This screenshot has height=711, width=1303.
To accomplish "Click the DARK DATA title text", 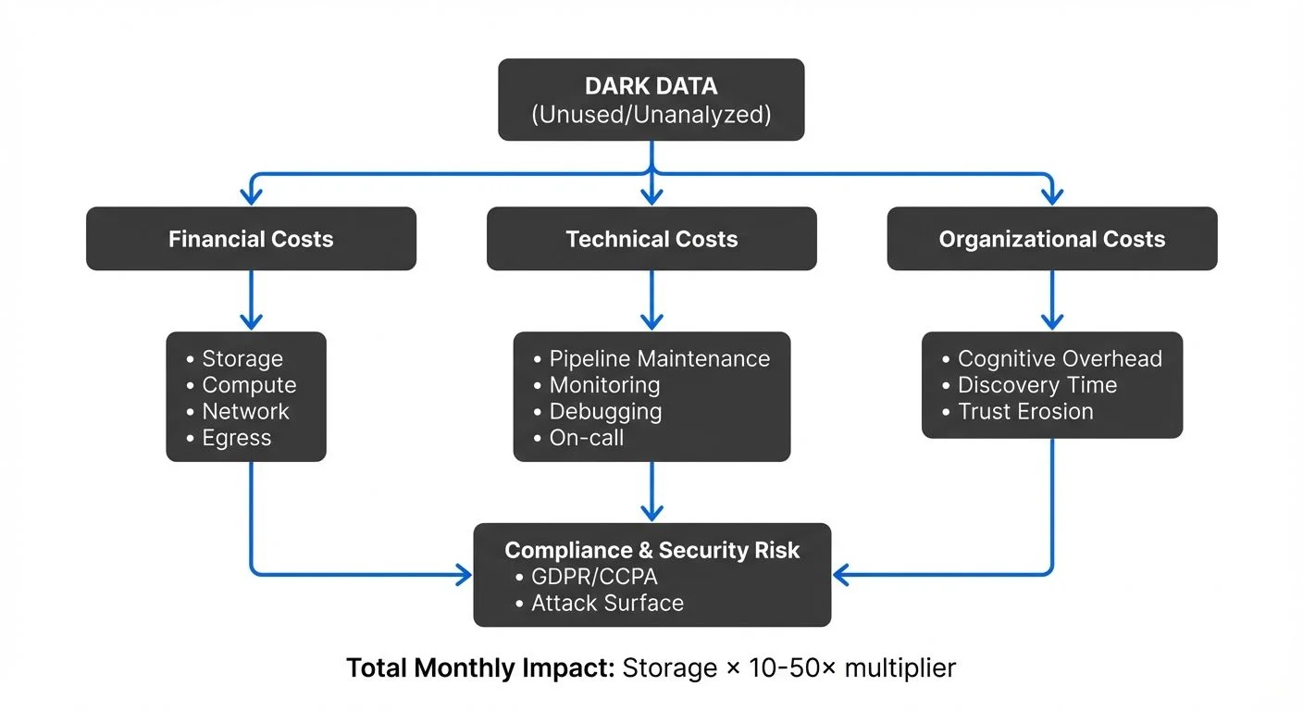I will tap(651, 86).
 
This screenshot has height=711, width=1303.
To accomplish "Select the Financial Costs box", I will tap(251, 239).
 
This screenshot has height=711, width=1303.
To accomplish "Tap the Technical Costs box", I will tap(651, 239).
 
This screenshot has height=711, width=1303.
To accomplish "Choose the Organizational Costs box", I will tap(1051, 239).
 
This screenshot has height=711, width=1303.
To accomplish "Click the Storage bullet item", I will tap(242, 358).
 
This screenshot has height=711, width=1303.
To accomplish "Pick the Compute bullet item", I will tap(249, 385).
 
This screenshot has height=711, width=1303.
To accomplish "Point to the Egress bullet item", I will tap(236, 438).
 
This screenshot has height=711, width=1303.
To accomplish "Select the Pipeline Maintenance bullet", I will tap(659, 358).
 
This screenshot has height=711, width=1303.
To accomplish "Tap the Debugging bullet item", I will tap(605, 411).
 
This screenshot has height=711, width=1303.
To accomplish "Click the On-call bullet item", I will tap(587, 438).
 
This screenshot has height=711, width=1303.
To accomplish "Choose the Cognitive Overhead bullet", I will tap(1059, 358).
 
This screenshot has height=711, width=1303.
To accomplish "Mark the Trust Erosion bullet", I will tap(1024, 411).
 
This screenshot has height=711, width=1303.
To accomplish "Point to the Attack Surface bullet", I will tap(607, 604).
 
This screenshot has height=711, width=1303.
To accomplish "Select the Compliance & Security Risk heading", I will tap(651, 550).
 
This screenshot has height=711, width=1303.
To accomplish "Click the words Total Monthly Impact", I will tap(479, 667).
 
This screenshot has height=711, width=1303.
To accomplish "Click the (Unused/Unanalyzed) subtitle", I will tap(651, 115).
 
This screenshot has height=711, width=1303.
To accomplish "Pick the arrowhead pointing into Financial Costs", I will tap(251, 195).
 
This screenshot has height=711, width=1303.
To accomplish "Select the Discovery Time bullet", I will tap(1036, 385).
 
